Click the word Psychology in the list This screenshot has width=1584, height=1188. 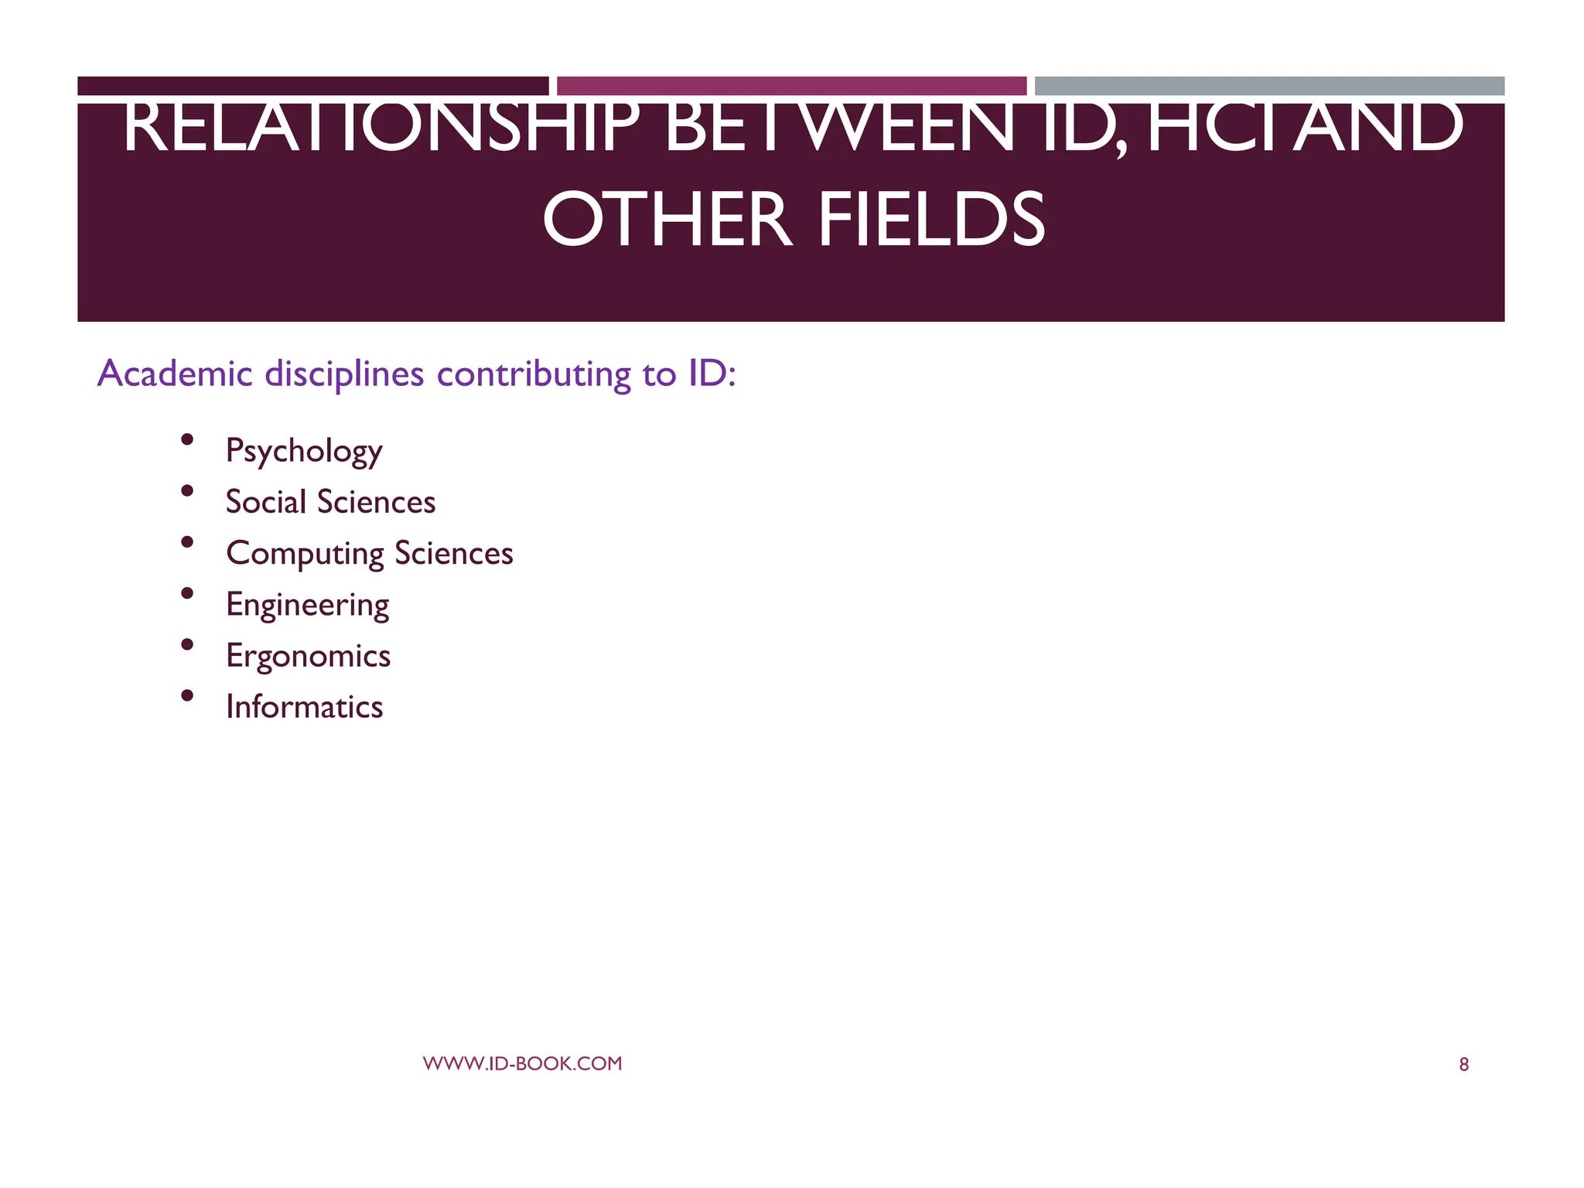click(304, 451)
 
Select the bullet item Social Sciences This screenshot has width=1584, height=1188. click(330, 502)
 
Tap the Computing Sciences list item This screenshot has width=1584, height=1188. click(369, 554)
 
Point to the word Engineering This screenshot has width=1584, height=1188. click(307, 605)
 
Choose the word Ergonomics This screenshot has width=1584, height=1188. click(308, 656)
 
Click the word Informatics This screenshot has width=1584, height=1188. click(304, 707)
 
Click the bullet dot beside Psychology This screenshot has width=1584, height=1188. click(186, 440)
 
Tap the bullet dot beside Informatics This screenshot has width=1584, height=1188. click(186, 695)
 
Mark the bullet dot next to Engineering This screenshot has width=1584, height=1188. click(186, 593)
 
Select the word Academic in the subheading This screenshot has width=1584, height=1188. click(175, 374)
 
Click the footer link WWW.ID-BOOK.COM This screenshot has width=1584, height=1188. click(522, 1063)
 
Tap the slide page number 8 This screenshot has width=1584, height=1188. click(1463, 1065)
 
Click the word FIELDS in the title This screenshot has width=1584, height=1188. click(931, 220)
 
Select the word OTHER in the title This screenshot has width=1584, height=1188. click(667, 220)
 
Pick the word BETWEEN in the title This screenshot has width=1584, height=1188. click(838, 128)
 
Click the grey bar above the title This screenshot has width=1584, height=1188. click(1269, 86)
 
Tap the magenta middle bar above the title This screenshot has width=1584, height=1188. click(791, 86)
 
